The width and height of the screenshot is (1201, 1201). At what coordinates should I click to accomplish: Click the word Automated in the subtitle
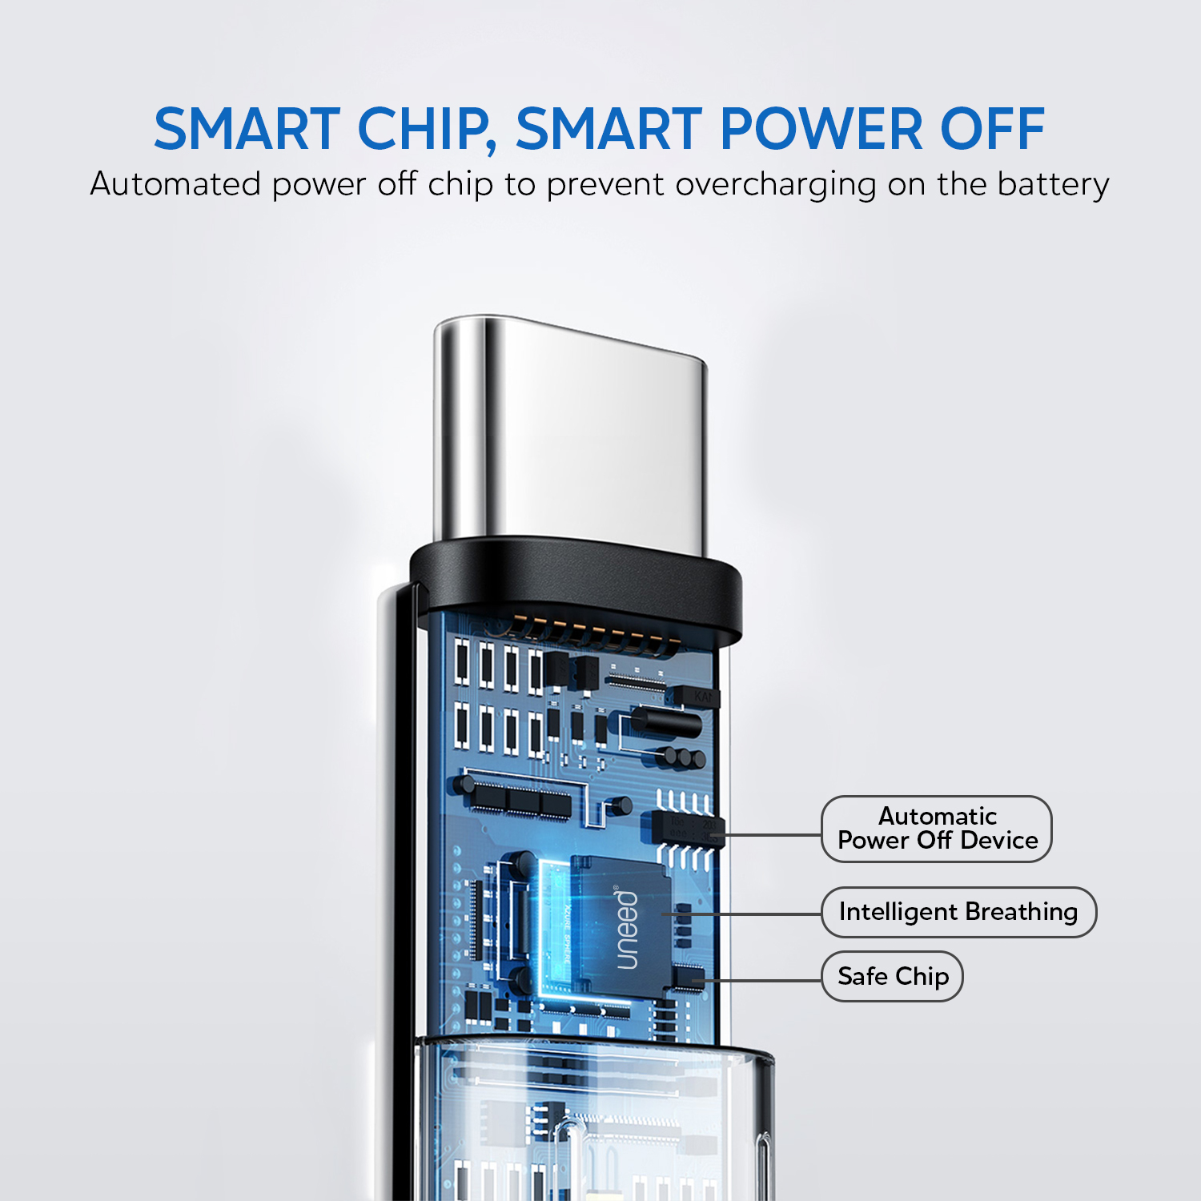(x=176, y=184)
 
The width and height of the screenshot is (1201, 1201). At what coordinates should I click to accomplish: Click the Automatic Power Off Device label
(x=937, y=829)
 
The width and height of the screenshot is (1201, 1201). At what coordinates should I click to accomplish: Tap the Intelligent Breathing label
(x=958, y=912)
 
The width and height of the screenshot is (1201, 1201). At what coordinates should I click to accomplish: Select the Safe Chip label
(x=893, y=976)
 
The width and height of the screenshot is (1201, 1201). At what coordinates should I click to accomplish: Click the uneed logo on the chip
(x=627, y=927)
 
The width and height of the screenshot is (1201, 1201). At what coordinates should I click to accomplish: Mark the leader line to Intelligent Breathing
(x=742, y=914)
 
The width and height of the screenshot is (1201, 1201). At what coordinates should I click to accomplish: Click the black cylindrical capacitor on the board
(x=666, y=722)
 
